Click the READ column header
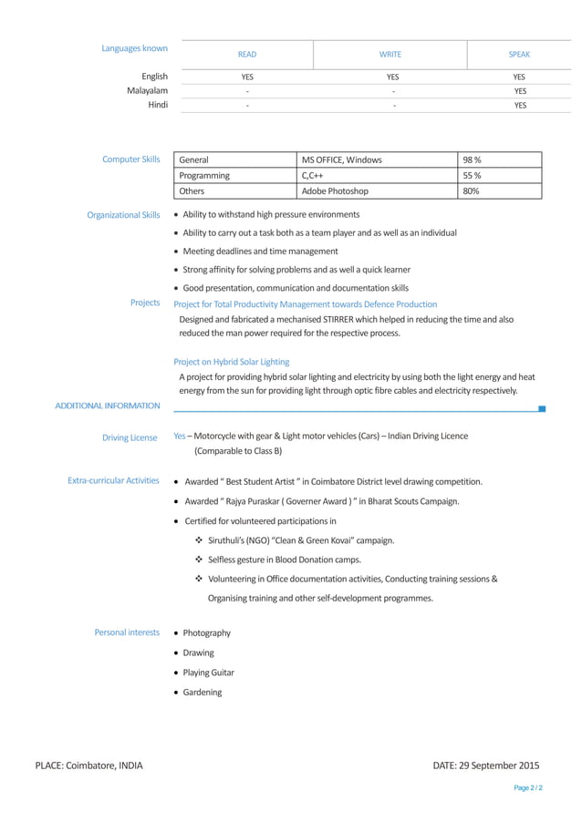pyautogui.click(x=246, y=55)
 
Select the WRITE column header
pyautogui.click(x=390, y=55)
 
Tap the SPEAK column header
pyautogui.click(x=519, y=55)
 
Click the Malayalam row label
pyautogui.click(x=147, y=91)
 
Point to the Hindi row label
pyautogui.click(x=158, y=106)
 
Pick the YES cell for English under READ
pyautogui.click(x=246, y=77)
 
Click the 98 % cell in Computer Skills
pyautogui.click(x=473, y=160)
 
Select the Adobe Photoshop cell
pyautogui.click(x=335, y=191)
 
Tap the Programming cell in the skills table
pyautogui.click(x=204, y=176)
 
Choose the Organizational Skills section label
pyautogui.click(x=123, y=215)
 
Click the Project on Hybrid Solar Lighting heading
pyautogui.click(x=232, y=362)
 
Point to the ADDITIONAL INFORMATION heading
pyautogui.click(x=108, y=406)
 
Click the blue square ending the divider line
pyautogui.click(x=542, y=409)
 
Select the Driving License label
pyautogui.click(x=130, y=437)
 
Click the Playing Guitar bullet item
pyautogui.click(x=208, y=673)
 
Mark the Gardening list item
pyautogui.click(x=202, y=693)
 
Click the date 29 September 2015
pyautogui.click(x=499, y=765)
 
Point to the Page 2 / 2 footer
pyautogui.click(x=528, y=787)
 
